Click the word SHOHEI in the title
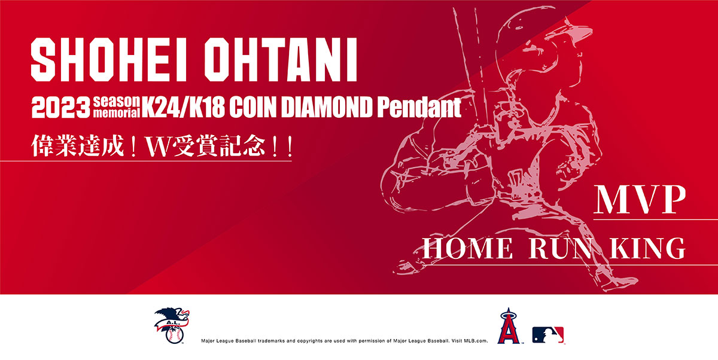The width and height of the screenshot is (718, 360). (109, 60)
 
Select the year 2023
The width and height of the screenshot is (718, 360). (61, 108)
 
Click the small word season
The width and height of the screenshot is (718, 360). (117, 102)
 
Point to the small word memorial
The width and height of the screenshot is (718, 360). (117, 113)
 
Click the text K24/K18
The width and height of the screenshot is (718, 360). (183, 107)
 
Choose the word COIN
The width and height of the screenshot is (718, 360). (253, 107)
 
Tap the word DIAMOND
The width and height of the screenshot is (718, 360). (327, 107)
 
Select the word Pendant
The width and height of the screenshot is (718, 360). (419, 107)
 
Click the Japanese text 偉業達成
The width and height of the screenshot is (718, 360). (78, 146)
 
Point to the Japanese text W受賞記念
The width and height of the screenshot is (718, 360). (206, 146)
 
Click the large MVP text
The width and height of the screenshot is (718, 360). (640, 200)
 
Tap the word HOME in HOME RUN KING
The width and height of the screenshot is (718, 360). (468, 248)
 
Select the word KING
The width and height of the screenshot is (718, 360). (647, 248)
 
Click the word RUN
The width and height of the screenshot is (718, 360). (561, 248)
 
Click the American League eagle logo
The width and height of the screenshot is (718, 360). (172, 325)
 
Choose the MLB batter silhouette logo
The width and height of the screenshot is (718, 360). (548, 335)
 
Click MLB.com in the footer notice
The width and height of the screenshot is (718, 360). (476, 341)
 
